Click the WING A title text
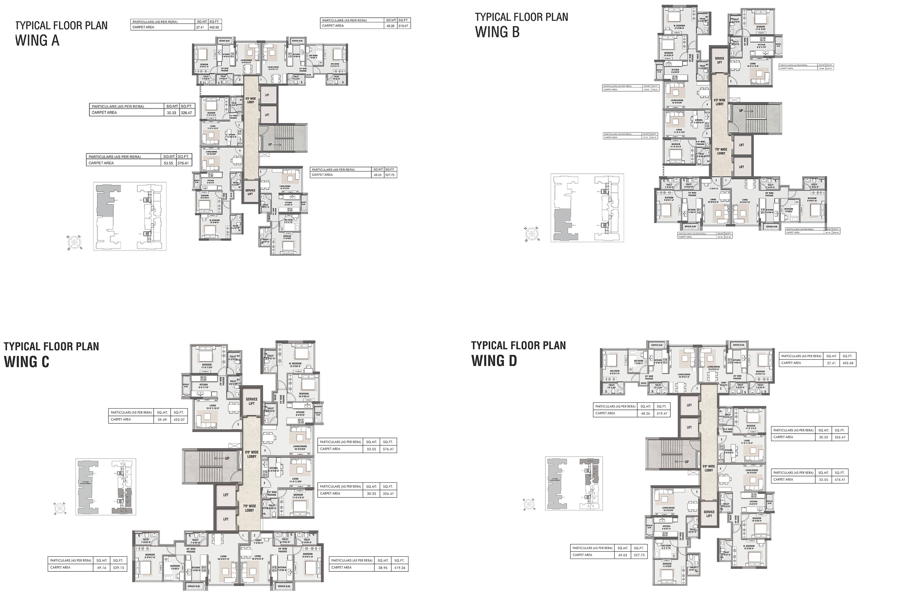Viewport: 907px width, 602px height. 37,40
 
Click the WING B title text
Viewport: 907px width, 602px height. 497,32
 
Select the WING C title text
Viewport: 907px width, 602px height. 26,362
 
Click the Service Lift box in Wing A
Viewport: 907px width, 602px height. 250,192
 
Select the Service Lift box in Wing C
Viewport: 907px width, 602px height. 251,401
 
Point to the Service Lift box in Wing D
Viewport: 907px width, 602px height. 709,514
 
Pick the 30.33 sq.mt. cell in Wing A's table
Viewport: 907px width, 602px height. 172,113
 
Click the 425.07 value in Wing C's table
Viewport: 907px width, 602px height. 179,420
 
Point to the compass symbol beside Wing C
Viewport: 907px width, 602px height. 60,509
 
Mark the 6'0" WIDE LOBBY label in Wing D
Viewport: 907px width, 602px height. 708,468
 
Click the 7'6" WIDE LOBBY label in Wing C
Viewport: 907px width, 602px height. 249,508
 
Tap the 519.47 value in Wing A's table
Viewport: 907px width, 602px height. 403,26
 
